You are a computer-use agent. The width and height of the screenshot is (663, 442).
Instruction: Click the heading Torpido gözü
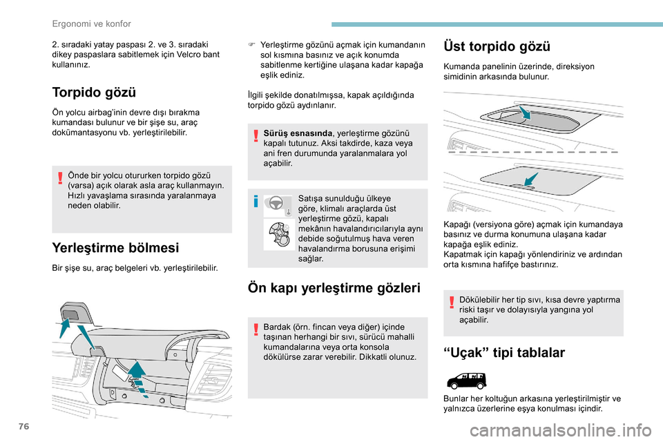tap(94, 93)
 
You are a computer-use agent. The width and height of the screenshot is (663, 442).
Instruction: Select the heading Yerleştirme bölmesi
tap(115, 247)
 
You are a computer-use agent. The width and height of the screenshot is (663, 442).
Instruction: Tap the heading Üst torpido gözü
tap(497, 46)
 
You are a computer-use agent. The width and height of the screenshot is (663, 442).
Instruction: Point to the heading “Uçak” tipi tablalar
tap(504, 353)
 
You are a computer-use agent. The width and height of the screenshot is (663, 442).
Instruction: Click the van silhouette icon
tap(466, 380)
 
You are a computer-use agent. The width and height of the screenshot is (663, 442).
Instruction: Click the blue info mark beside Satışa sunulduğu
tap(256, 202)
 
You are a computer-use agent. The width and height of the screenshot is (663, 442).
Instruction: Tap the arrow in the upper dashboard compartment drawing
tap(524, 113)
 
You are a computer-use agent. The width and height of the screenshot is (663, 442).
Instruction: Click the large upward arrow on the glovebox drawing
tap(137, 374)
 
